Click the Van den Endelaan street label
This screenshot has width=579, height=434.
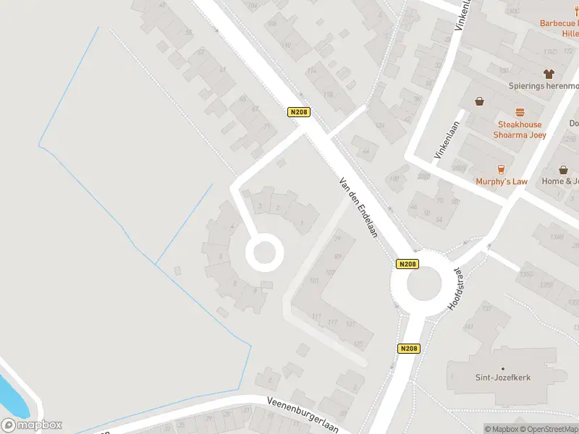coord(358,210)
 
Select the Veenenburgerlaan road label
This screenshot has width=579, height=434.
coord(302,414)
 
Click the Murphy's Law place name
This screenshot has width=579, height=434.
coord(501,182)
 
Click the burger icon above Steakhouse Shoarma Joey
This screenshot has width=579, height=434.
coord(519,112)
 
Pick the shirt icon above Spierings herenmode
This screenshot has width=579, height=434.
coord(548,73)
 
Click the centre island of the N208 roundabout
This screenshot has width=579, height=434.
coord(424,284)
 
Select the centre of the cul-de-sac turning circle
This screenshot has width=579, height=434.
coord(262,252)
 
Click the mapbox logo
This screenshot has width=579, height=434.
coord(33,425)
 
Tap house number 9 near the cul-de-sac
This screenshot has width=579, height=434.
coord(255,291)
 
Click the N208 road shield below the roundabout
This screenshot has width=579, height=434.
coord(408,348)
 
